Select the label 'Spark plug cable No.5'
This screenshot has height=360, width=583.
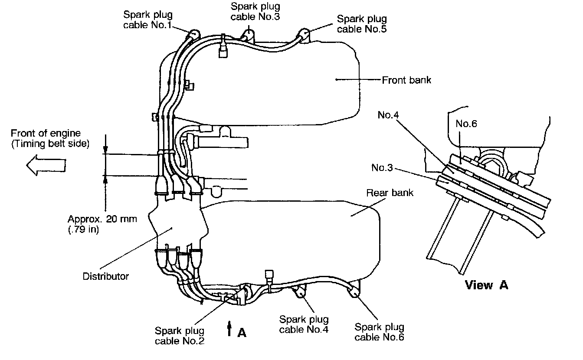point(362,24)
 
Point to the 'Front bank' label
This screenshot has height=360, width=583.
point(406,80)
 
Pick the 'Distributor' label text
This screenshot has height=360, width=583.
point(106,276)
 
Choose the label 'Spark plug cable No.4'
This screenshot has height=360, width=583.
point(304,324)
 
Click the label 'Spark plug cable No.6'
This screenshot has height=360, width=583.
point(379,332)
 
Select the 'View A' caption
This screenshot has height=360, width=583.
point(486,285)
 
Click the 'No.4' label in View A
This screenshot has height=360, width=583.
point(388,115)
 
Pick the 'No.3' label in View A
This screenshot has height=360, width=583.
point(382,167)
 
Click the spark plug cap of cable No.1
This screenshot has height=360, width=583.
point(193,34)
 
